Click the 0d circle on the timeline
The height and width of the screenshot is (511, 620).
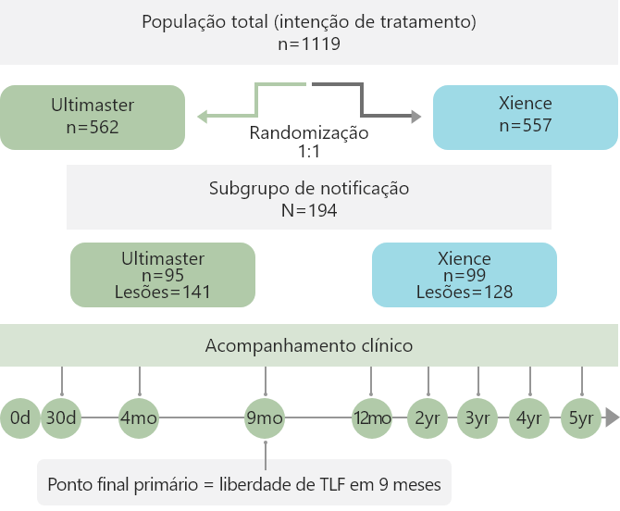click(x=20, y=418)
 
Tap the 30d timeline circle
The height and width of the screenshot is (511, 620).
click(x=61, y=418)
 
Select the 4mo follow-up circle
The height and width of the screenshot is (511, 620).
click(x=139, y=418)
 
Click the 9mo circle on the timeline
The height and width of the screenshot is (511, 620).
click(x=265, y=418)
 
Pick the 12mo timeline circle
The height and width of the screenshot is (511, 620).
click(x=372, y=418)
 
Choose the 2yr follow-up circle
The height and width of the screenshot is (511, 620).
click(x=428, y=418)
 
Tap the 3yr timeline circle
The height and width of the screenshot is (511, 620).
click(x=477, y=418)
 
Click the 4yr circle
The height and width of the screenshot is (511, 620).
click(x=529, y=418)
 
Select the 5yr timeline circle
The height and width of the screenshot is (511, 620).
click(x=581, y=418)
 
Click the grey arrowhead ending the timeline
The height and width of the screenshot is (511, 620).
click(x=612, y=418)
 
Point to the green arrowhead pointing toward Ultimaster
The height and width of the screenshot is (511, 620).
click(x=202, y=117)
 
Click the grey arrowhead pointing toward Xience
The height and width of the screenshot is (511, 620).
click(x=416, y=117)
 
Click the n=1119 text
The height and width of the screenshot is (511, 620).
click(x=309, y=44)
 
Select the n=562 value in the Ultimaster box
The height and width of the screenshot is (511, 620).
click(x=93, y=128)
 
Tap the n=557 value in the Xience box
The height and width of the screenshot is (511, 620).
click(x=526, y=125)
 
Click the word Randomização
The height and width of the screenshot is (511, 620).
click(x=309, y=133)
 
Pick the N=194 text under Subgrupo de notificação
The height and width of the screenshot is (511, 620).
click(x=309, y=210)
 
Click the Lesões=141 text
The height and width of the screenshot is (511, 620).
click(x=163, y=293)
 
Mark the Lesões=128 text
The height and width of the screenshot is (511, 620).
click(x=465, y=293)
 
